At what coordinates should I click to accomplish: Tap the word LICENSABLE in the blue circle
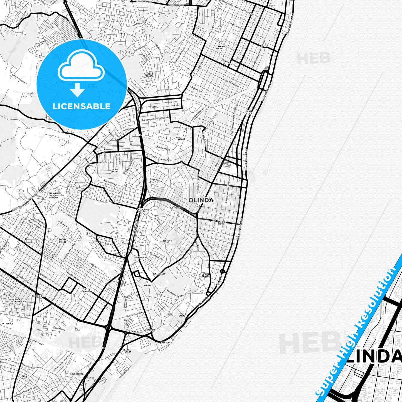(x=82, y=106)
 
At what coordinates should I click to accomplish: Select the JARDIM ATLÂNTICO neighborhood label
(x=221, y=47)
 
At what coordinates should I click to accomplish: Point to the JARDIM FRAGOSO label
(x=149, y=75)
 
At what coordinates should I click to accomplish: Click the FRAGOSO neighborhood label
(x=152, y=107)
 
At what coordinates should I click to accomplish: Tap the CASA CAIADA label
(x=248, y=113)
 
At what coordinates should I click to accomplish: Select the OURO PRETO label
(x=115, y=170)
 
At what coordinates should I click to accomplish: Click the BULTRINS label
(x=175, y=208)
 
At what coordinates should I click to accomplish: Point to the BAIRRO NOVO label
(x=221, y=223)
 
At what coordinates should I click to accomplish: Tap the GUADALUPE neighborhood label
(x=141, y=258)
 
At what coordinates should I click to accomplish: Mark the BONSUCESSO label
(x=159, y=274)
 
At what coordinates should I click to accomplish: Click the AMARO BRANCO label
(x=206, y=275)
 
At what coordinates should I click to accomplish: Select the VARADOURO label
(x=150, y=330)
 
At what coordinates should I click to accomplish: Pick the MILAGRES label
(x=167, y=343)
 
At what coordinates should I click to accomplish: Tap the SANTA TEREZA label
(x=127, y=351)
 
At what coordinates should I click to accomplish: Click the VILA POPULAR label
(x=88, y=290)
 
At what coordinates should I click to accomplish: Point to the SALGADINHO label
(x=77, y=374)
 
